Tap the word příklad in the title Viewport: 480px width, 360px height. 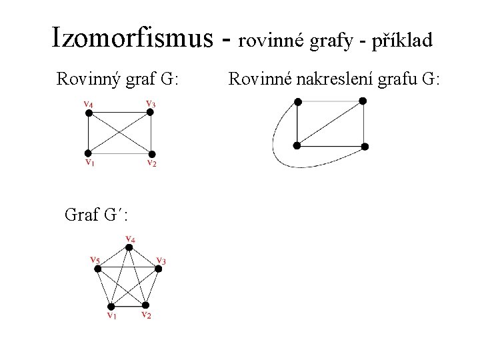[x=399, y=41]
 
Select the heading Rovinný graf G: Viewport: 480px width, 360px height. [x=117, y=80]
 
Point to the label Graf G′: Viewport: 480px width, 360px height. [x=97, y=215]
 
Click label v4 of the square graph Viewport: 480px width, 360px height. [x=88, y=103]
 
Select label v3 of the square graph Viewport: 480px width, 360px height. [x=151, y=103]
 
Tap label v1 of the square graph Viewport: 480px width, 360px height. [x=88, y=162]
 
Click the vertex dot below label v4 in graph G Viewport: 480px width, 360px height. [x=88, y=113]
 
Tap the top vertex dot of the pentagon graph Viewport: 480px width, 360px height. [x=130, y=247]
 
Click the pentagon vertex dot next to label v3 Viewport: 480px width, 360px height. [x=159, y=268]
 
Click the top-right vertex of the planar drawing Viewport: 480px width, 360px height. [x=363, y=101]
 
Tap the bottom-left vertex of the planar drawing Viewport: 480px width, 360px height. [x=297, y=145]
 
